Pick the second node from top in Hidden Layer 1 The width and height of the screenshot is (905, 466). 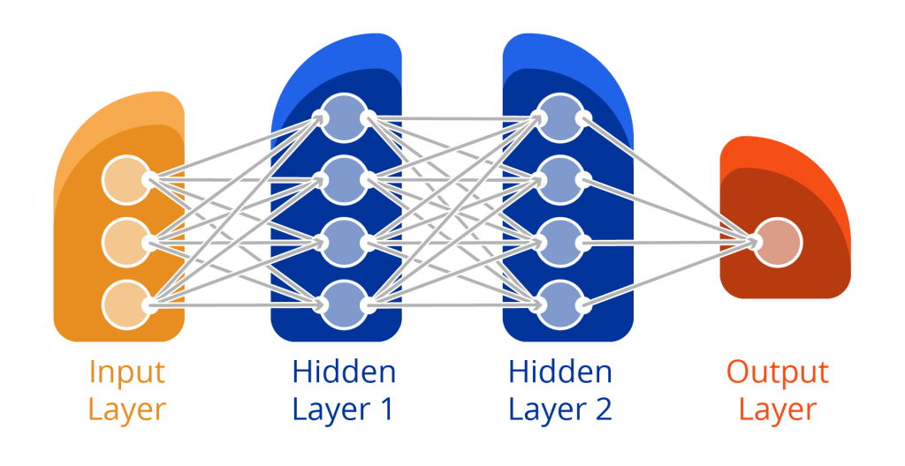click(340, 179)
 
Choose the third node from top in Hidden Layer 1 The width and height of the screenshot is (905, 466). click(340, 241)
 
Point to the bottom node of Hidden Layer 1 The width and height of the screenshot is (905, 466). click(340, 303)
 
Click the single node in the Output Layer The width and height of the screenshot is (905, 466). click(778, 241)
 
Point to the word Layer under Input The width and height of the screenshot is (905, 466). click(126, 410)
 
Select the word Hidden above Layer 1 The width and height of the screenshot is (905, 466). click(344, 372)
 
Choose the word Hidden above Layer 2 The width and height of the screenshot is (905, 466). click(560, 372)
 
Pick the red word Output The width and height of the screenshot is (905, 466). click(778, 372)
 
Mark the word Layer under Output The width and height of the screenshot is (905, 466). click(778, 410)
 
